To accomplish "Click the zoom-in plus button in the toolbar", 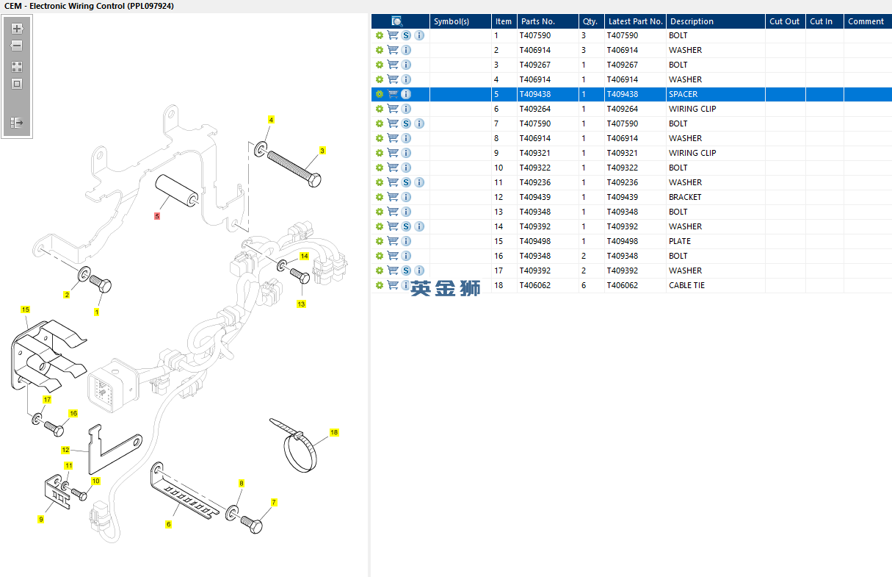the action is (17, 29).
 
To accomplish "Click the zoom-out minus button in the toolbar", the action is (17, 46).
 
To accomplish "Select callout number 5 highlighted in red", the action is (157, 216).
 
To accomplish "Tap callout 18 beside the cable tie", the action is (334, 432).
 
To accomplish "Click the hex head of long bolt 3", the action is (315, 180).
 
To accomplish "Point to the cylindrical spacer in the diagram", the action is (176, 190).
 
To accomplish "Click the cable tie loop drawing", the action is (300, 453).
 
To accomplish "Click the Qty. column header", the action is (590, 21).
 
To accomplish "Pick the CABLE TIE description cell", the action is (686, 285).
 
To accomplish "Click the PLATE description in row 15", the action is (680, 241).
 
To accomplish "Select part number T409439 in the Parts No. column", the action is (534, 197).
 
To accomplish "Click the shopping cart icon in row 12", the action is (393, 197).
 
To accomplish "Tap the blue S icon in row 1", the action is (406, 35).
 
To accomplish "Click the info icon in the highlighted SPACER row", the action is (406, 94).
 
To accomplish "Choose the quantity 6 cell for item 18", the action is (584, 285).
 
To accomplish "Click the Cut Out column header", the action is (784, 21).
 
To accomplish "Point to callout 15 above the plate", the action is (25, 309).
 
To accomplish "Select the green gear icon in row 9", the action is (380, 153).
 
